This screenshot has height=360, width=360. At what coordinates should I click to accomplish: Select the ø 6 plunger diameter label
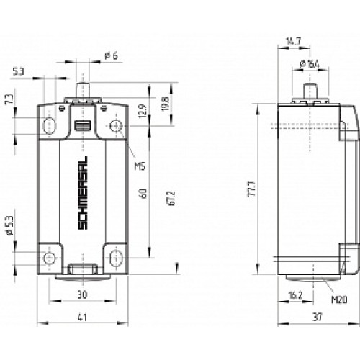point(109,55)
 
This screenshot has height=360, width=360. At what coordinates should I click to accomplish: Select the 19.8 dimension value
point(165,103)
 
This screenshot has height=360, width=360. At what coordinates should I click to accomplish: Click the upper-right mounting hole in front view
point(114,127)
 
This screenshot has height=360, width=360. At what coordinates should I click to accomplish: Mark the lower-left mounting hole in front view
point(49,258)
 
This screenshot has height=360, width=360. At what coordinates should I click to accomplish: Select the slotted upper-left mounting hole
point(49,127)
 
